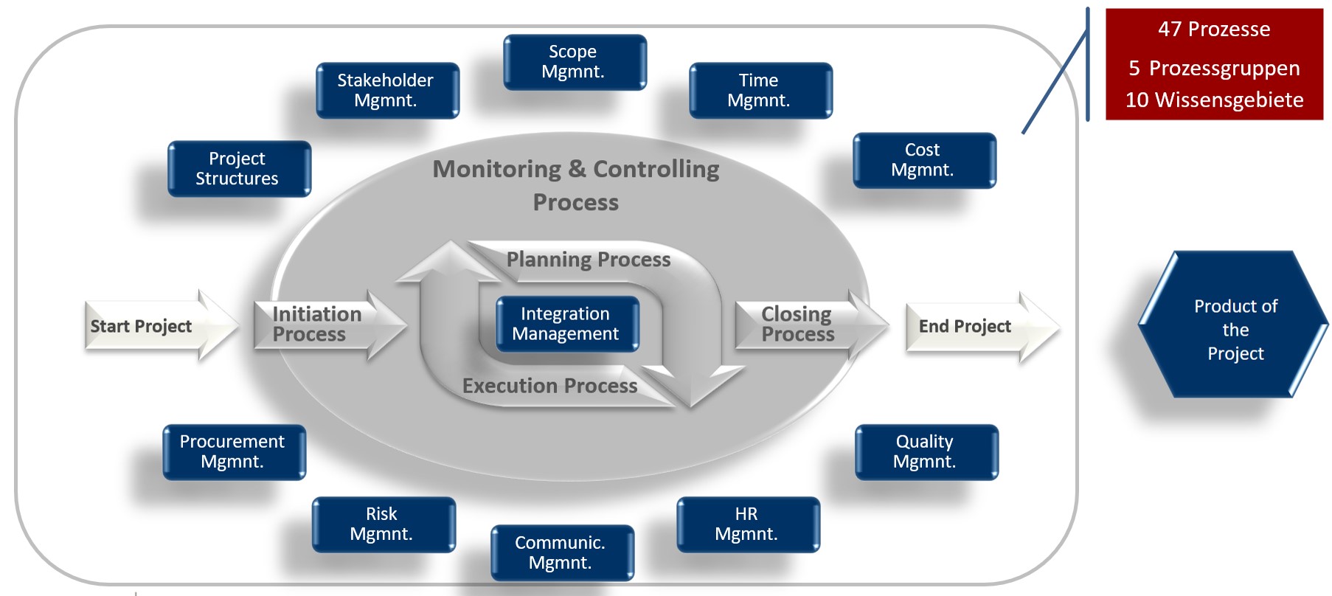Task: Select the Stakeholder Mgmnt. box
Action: click(x=387, y=90)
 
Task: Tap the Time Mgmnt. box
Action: click(x=760, y=90)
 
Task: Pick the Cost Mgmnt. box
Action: click(x=924, y=160)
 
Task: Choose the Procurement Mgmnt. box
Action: click(x=234, y=451)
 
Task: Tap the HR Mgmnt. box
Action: click(x=748, y=524)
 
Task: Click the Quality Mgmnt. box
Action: click(x=926, y=451)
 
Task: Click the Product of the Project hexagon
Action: click(x=1235, y=329)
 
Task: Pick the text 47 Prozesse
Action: click(x=1214, y=30)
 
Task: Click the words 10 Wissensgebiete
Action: click(x=1214, y=100)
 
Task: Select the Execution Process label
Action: click(x=549, y=386)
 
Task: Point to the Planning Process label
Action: click(x=588, y=260)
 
